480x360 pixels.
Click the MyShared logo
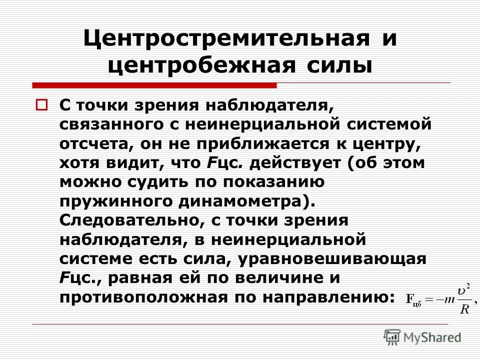pyautogui.click(x=422, y=337)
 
